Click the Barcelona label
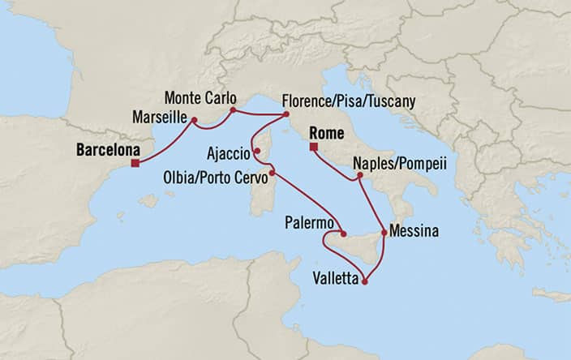[106, 150]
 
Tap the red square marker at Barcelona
[135, 164]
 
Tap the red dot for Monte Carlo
[233, 109]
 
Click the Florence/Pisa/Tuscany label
[348, 101]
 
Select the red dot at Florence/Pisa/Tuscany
[286, 115]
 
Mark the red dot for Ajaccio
[256, 150]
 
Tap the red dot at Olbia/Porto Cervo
[272, 172]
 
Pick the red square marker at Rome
[312, 147]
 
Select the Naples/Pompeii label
[400, 162]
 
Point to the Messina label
[414, 231]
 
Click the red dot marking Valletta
[364, 282]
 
